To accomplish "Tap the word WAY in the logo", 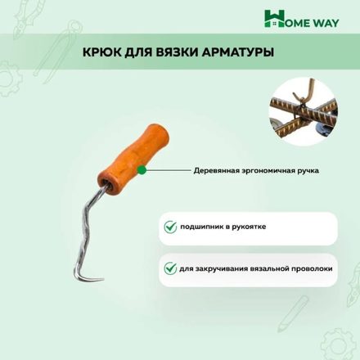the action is point(326,23).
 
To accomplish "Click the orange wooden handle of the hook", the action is point(133,160).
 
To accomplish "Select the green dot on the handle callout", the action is point(142,170).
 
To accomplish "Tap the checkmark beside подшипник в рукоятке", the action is point(170,227).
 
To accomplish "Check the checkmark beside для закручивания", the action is point(170,268).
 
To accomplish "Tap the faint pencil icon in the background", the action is point(293,313).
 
